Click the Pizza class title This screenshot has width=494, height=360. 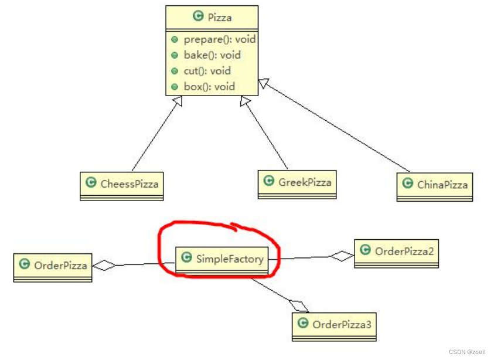click(x=212, y=18)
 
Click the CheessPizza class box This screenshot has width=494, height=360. click(x=122, y=184)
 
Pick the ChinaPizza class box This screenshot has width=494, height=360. click(x=435, y=185)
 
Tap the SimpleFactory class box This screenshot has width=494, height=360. click(x=222, y=258)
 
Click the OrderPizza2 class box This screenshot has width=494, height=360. click(x=397, y=252)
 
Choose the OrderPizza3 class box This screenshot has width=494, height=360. click(x=334, y=325)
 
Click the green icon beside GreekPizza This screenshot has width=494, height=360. click(x=269, y=181)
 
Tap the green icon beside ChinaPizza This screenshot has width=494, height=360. click(x=407, y=184)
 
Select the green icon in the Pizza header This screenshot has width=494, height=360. click(x=197, y=17)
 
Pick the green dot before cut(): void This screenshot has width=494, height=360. click(x=175, y=71)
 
